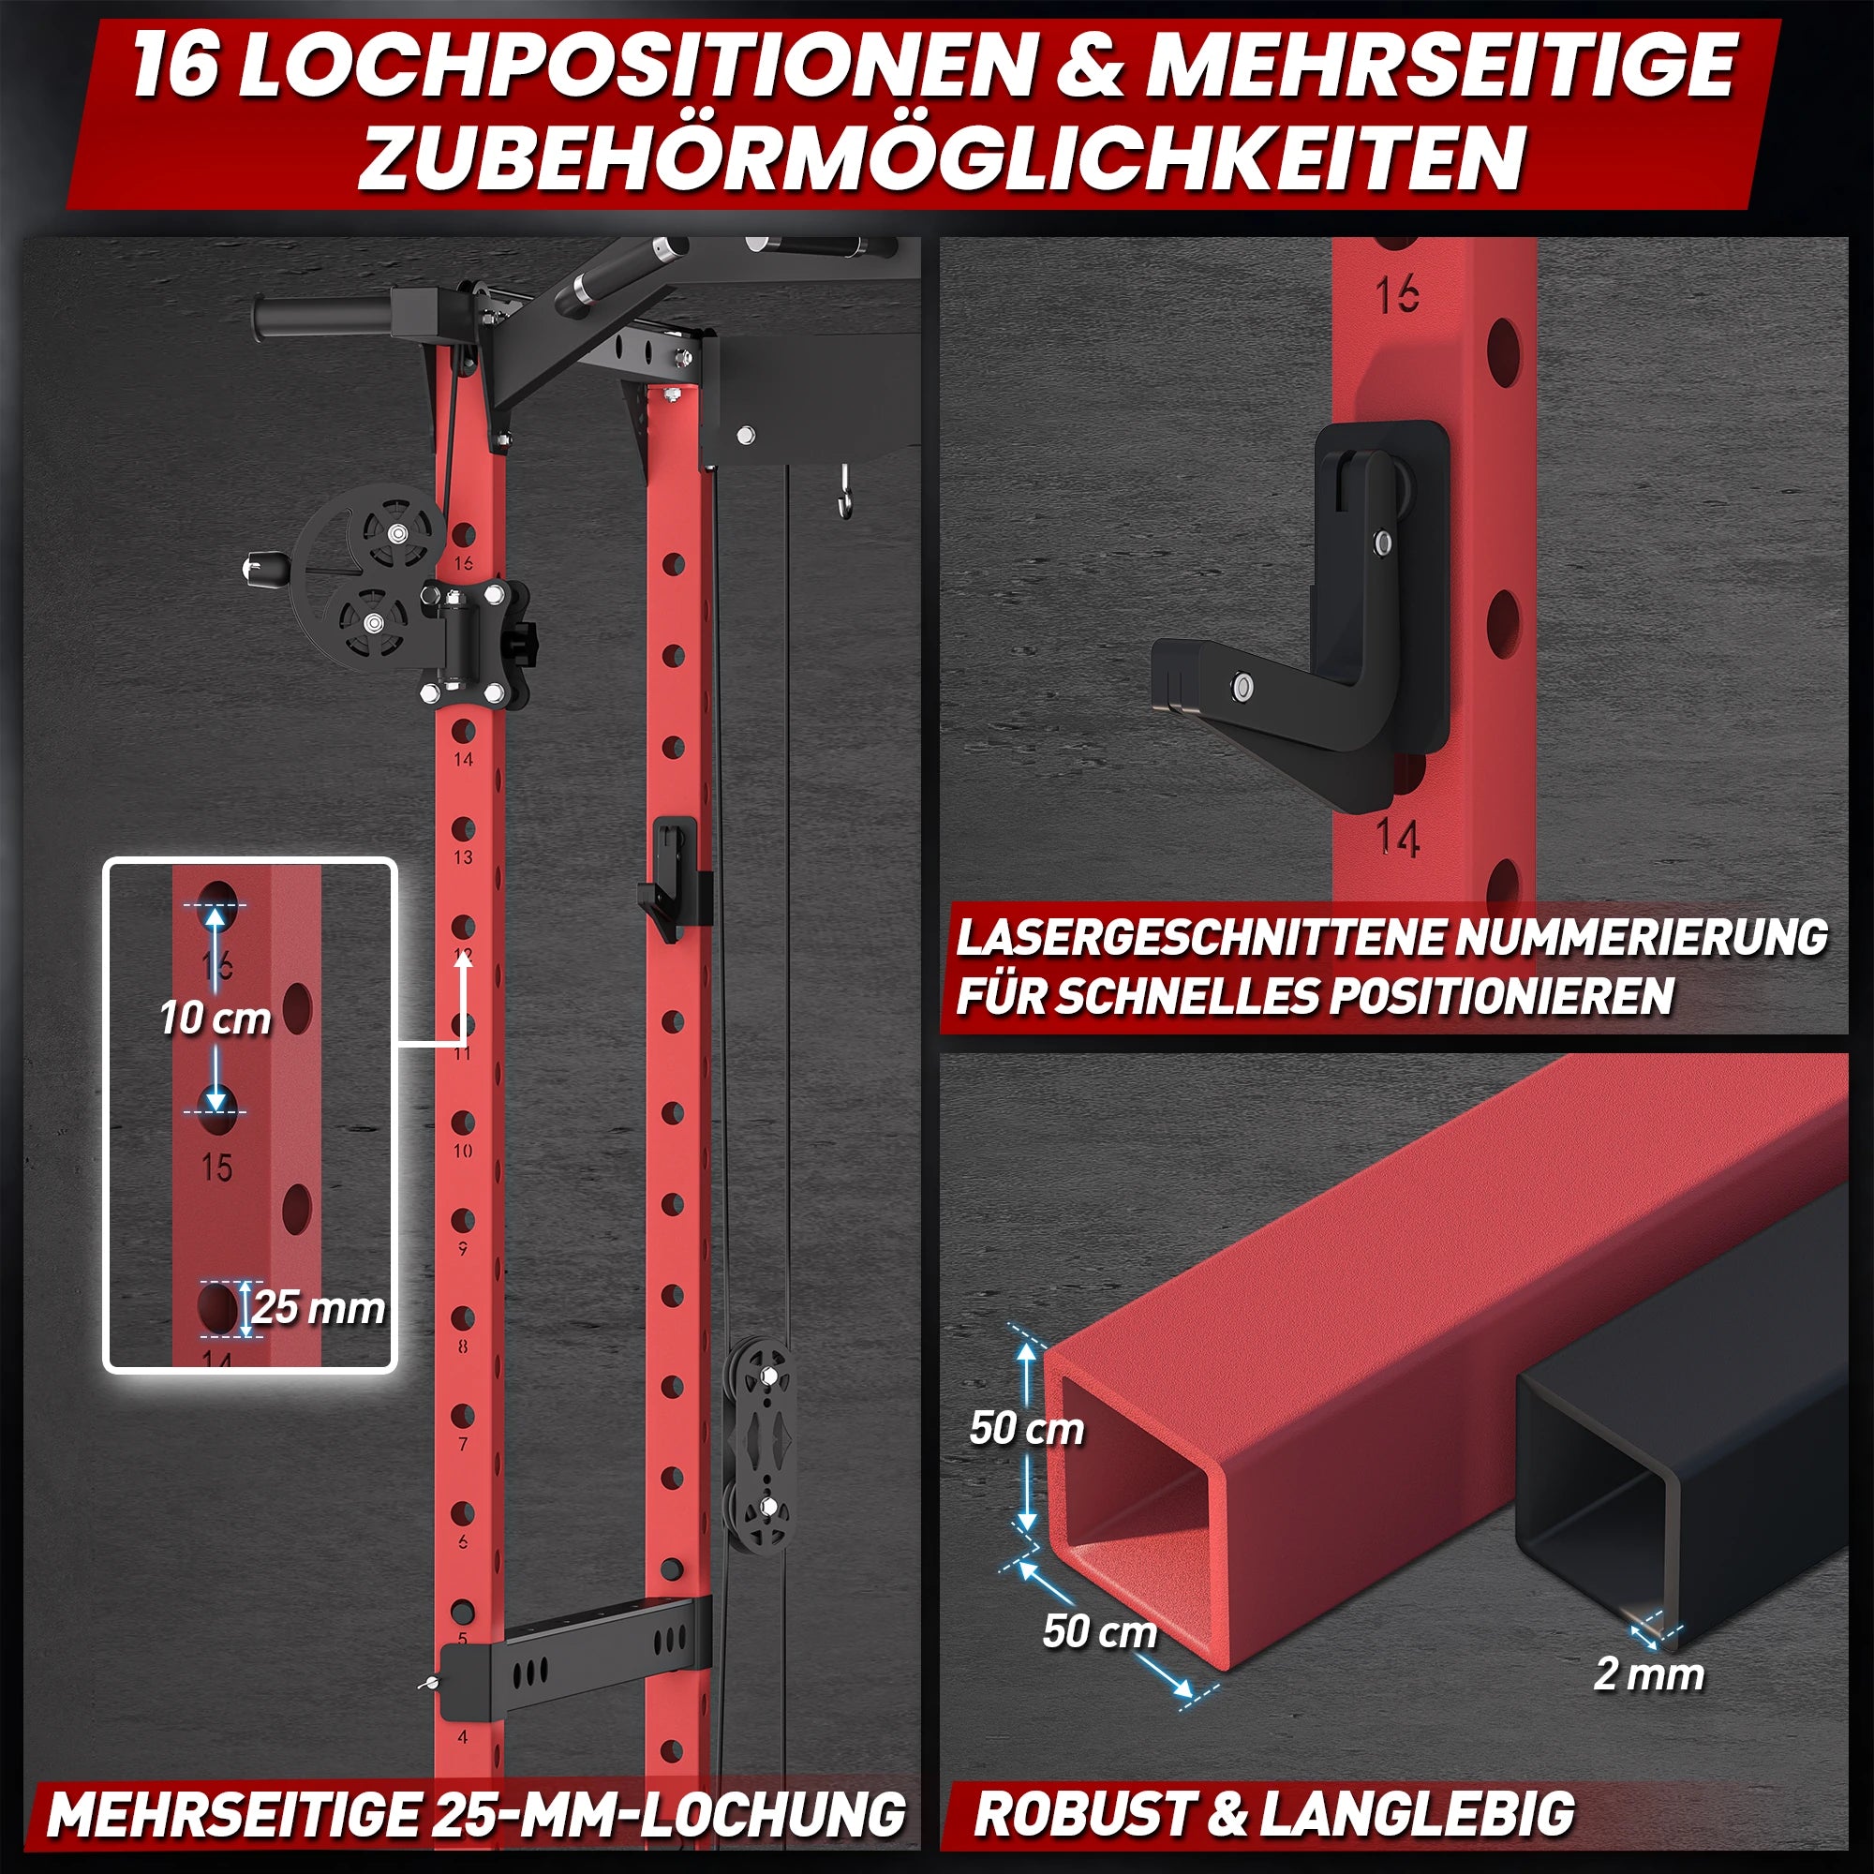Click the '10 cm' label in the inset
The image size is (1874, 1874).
pyautogui.click(x=216, y=1019)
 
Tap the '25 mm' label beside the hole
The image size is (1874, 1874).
pyautogui.click(x=320, y=1308)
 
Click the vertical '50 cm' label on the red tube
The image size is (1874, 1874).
pyautogui.click(x=1027, y=1429)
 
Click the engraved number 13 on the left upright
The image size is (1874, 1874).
pyautogui.click(x=463, y=857)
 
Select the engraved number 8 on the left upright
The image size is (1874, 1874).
pyautogui.click(x=463, y=1346)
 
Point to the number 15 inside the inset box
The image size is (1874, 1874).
pyautogui.click(x=217, y=1167)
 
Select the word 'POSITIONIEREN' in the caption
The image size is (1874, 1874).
pyautogui.click(x=1501, y=994)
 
